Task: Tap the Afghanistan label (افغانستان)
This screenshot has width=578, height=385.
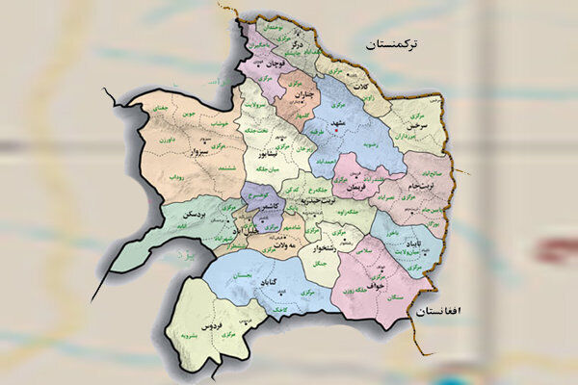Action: click(441, 312)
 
